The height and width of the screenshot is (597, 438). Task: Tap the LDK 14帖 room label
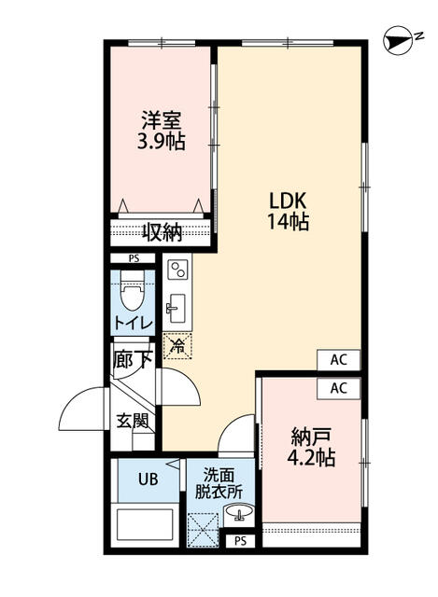click(x=288, y=212)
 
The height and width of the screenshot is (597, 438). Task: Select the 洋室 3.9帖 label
click(x=161, y=131)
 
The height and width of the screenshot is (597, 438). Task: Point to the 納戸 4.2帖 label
click(x=311, y=447)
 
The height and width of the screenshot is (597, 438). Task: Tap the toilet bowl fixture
click(x=133, y=290)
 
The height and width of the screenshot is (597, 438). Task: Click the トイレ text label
click(x=134, y=324)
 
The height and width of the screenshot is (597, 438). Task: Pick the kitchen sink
click(x=175, y=308)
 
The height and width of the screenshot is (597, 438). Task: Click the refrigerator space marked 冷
click(x=177, y=346)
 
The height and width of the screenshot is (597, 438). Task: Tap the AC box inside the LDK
click(x=338, y=359)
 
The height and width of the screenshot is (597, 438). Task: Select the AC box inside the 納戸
click(x=338, y=388)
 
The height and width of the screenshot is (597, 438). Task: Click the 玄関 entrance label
click(x=133, y=421)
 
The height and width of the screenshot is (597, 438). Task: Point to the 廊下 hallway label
click(x=133, y=359)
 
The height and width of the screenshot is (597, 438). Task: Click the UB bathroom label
click(x=148, y=479)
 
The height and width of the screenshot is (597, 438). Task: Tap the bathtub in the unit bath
click(x=144, y=524)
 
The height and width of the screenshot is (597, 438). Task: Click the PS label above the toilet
click(x=134, y=259)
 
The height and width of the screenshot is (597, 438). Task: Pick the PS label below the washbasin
click(x=240, y=541)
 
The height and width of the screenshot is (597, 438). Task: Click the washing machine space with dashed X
click(x=203, y=530)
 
